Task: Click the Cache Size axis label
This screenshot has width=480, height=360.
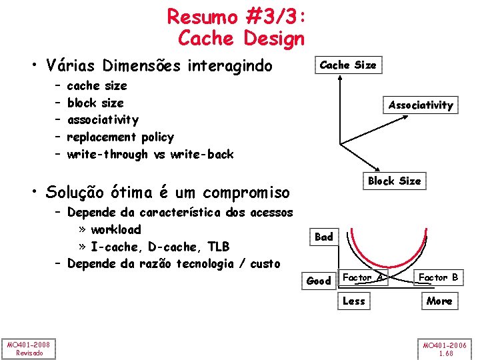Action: [x=347, y=65]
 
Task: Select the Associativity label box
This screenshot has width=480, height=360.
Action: [x=420, y=105]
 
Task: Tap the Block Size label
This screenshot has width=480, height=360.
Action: [x=394, y=181]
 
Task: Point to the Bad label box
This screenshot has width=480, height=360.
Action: [x=323, y=237]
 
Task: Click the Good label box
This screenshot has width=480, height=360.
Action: [x=318, y=281]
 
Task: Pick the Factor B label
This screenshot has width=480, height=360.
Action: [x=437, y=277]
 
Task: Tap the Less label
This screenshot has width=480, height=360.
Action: [x=353, y=301]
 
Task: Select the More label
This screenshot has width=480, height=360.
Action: [x=439, y=301]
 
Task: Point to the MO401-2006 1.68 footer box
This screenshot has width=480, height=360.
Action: [x=446, y=347]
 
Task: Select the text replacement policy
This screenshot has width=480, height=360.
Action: [x=120, y=137]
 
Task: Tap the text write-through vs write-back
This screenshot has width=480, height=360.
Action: [x=150, y=155]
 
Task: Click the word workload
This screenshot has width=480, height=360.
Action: [x=116, y=230]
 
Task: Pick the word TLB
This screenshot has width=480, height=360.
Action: [x=218, y=247]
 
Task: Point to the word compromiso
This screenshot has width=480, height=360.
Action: [x=246, y=193]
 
